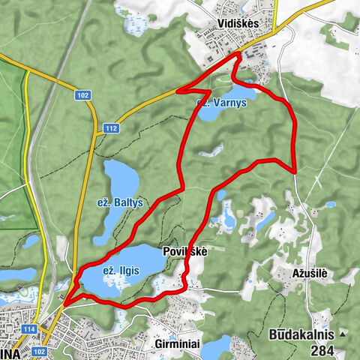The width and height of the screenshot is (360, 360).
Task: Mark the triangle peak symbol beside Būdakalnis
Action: point(343,333)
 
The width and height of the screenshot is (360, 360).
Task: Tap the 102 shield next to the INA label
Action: point(40,350)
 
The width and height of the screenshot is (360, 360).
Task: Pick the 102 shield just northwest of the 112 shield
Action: point(82,95)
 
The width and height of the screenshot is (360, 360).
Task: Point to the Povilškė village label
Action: point(184,253)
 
